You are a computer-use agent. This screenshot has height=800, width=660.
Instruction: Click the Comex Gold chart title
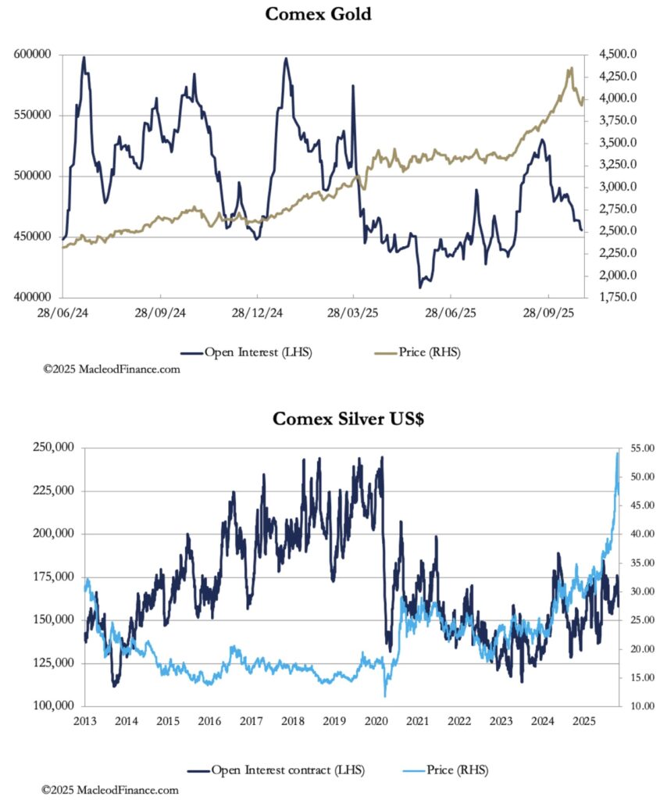(318, 14)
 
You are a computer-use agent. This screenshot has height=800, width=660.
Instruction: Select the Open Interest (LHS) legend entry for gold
(257, 352)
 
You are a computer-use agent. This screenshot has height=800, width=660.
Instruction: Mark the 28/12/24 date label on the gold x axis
(257, 312)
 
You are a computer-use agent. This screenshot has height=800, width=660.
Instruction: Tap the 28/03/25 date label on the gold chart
(353, 312)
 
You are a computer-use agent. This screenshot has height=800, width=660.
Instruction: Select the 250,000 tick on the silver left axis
(53, 448)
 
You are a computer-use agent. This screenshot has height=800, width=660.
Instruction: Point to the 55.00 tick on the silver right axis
(638, 448)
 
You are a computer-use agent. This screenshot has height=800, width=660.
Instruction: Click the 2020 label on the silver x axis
(376, 720)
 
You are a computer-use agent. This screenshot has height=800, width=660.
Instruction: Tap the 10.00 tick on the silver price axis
(638, 706)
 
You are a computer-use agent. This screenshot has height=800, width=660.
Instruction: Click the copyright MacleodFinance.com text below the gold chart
(111, 369)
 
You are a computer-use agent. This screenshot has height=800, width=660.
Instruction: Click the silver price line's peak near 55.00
(618, 453)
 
